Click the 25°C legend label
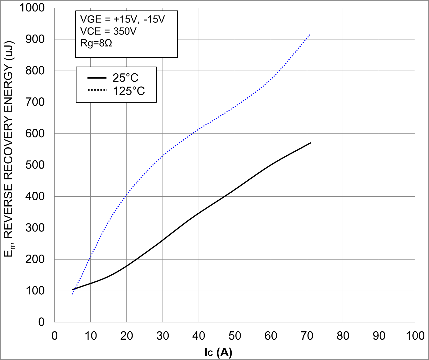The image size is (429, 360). click(x=126, y=78)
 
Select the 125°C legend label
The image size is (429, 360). click(x=129, y=91)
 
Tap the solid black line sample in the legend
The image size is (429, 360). click(x=97, y=78)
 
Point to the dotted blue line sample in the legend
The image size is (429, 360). click(x=97, y=90)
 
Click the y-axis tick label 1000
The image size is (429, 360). click(x=32, y=8)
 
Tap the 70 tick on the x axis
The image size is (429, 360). click(x=307, y=336)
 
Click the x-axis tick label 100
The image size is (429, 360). click(x=415, y=336)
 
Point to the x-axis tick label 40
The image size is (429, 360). click(x=199, y=336)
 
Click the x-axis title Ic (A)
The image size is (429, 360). click(x=218, y=352)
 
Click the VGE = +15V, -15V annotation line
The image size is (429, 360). click(x=122, y=19)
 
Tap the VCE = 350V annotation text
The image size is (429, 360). click(x=108, y=31)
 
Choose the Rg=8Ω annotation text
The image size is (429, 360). click(x=96, y=43)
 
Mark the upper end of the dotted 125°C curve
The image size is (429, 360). click(x=310, y=35)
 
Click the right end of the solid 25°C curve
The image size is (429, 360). click(x=310, y=143)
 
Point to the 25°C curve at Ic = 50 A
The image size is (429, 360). click(x=235, y=189)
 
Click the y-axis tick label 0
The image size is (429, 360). click(x=41, y=322)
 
